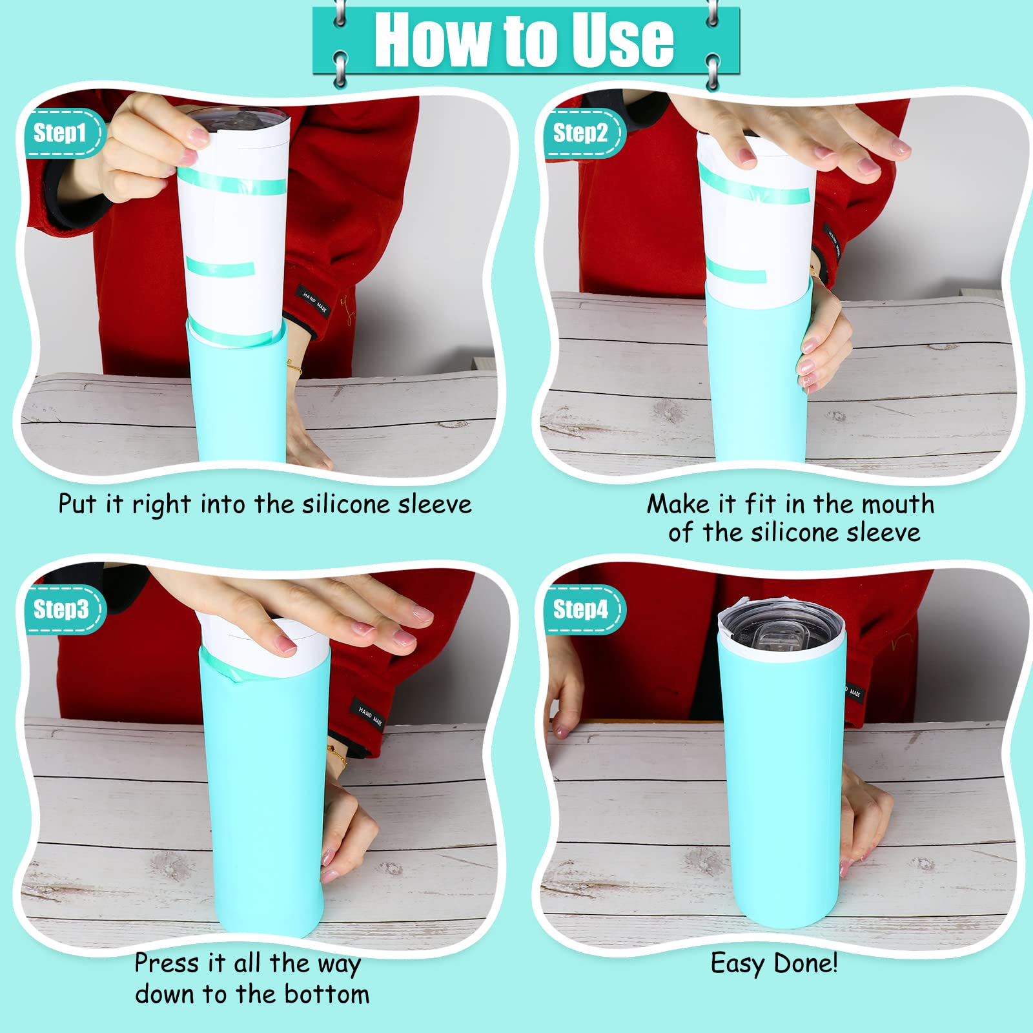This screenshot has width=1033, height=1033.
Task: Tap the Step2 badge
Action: click(582, 133)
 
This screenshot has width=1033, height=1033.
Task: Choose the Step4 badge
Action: click(582, 609)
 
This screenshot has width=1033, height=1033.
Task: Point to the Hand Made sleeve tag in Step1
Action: click(316, 301)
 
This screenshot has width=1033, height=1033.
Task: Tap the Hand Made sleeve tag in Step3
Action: click(370, 715)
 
